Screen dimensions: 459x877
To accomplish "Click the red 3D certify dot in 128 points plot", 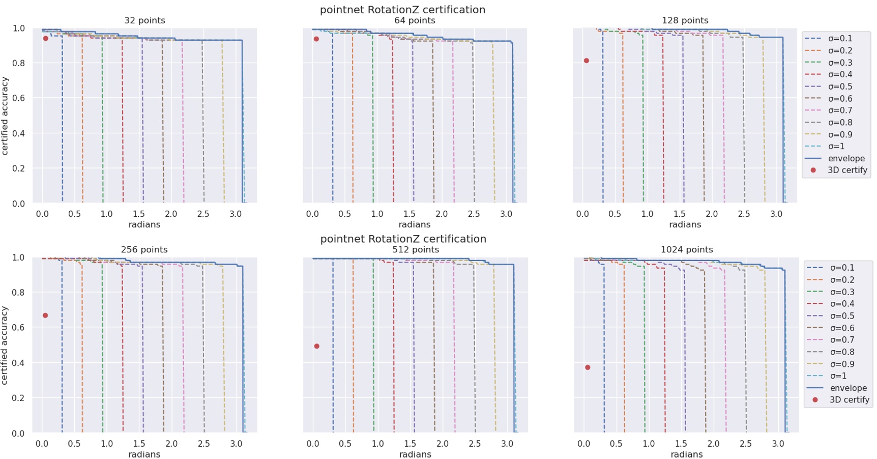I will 587,61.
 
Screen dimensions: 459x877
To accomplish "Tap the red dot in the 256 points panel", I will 45,315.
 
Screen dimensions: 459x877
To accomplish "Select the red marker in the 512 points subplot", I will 317,346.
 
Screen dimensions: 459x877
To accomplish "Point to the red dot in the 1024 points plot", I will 588,367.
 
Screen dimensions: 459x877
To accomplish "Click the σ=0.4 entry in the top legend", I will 839,74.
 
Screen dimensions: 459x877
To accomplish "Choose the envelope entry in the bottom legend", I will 848,388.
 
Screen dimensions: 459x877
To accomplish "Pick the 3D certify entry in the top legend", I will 847,170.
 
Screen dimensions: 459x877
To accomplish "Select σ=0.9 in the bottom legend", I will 842,364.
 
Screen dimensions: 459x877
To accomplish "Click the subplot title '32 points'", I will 144,20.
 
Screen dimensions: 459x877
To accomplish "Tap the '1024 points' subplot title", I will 686,249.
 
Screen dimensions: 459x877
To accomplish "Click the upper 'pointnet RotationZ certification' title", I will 402,9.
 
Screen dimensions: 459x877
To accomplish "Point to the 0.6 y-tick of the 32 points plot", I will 18,98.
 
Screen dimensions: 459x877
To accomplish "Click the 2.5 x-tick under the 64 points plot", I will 474,214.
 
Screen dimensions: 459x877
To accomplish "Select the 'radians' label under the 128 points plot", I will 685,224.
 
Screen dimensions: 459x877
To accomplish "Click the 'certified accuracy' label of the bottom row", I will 5,345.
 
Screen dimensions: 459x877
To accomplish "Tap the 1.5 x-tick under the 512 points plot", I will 410,444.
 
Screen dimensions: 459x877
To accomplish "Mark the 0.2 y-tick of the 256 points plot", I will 18,398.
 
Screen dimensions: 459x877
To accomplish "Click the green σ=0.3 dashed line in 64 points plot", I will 373,127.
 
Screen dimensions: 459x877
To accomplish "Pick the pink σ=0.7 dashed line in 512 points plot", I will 454,356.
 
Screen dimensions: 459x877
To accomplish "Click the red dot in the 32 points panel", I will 46,38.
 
